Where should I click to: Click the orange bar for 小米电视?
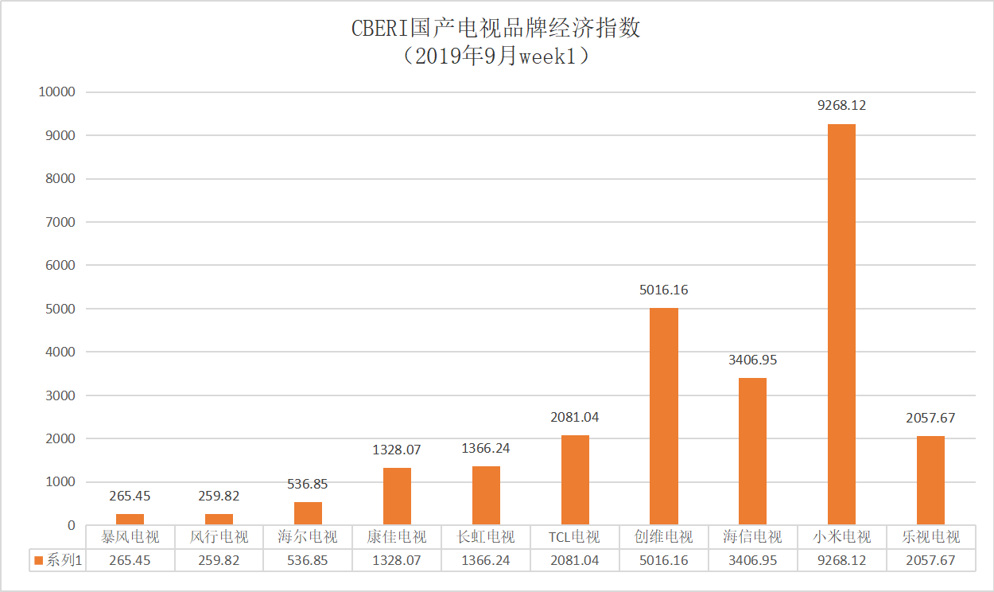coord(841,325)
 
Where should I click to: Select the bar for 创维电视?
coord(664,416)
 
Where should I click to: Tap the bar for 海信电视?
coord(752,451)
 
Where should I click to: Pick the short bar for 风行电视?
coord(219,520)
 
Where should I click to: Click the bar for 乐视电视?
coord(930,480)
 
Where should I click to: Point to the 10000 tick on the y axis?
coord(56,92)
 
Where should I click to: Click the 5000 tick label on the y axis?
coord(60,309)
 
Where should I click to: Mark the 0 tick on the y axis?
coord(71,525)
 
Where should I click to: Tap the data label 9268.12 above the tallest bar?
coord(841,105)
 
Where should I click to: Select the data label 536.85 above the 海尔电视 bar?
coord(308,484)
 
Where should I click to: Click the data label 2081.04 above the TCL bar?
coord(574,417)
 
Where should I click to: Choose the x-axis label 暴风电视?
coord(130,537)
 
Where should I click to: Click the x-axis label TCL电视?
coord(574,537)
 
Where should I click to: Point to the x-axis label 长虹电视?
coord(486,537)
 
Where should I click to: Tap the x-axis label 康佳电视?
coord(397,537)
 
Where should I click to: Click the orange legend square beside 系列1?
coord(38,561)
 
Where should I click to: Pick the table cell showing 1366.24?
coord(486,561)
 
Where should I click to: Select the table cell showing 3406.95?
coord(752,561)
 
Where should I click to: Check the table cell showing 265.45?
coord(130,561)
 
